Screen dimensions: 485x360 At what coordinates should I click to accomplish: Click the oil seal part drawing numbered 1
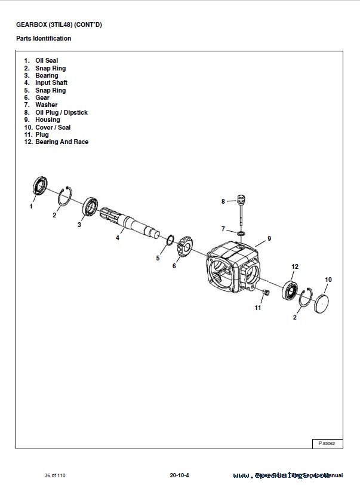(x=40, y=186)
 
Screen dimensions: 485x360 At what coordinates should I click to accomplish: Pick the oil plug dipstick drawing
(x=241, y=206)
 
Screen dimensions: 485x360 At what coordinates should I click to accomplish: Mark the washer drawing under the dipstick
(x=240, y=232)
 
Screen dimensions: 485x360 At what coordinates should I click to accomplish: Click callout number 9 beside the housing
(x=269, y=238)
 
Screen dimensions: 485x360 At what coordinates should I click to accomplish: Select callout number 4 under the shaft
(x=117, y=238)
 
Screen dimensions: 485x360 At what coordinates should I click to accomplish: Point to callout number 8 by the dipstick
(x=223, y=201)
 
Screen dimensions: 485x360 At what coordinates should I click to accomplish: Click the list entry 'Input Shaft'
(x=51, y=83)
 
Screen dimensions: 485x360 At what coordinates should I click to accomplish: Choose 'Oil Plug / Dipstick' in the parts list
(x=61, y=112)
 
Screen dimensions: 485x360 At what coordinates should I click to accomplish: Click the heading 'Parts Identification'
(x=44, y=38)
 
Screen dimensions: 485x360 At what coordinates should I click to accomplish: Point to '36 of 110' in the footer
(x=55, y=475)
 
